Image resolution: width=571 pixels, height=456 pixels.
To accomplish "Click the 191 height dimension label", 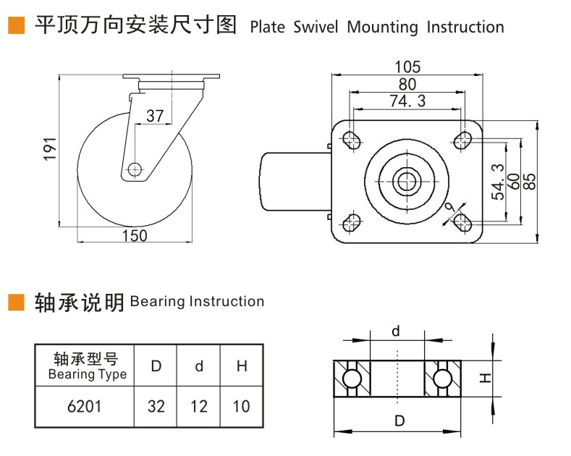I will coord(50,149).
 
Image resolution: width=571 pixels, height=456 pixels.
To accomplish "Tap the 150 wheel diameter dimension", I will coord(134,235).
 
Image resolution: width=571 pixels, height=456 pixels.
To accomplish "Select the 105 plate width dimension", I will coord(407,67).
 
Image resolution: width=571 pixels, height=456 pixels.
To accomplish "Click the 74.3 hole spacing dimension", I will coord(407,101).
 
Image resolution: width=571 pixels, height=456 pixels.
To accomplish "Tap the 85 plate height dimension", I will coord(530,180).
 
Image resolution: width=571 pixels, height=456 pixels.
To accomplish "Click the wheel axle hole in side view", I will coord(134,169).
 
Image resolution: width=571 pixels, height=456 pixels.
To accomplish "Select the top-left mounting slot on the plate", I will coord(352,139).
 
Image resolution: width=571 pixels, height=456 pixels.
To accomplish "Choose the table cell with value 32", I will coord(156,406).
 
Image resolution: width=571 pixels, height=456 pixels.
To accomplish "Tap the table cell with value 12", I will coord(199,406).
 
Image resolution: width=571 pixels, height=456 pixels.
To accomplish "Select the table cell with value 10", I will coord(242,406).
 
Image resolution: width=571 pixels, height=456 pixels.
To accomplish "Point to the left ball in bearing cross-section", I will coord(352,378).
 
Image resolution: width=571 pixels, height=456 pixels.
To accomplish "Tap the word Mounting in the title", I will coord(383,28).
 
